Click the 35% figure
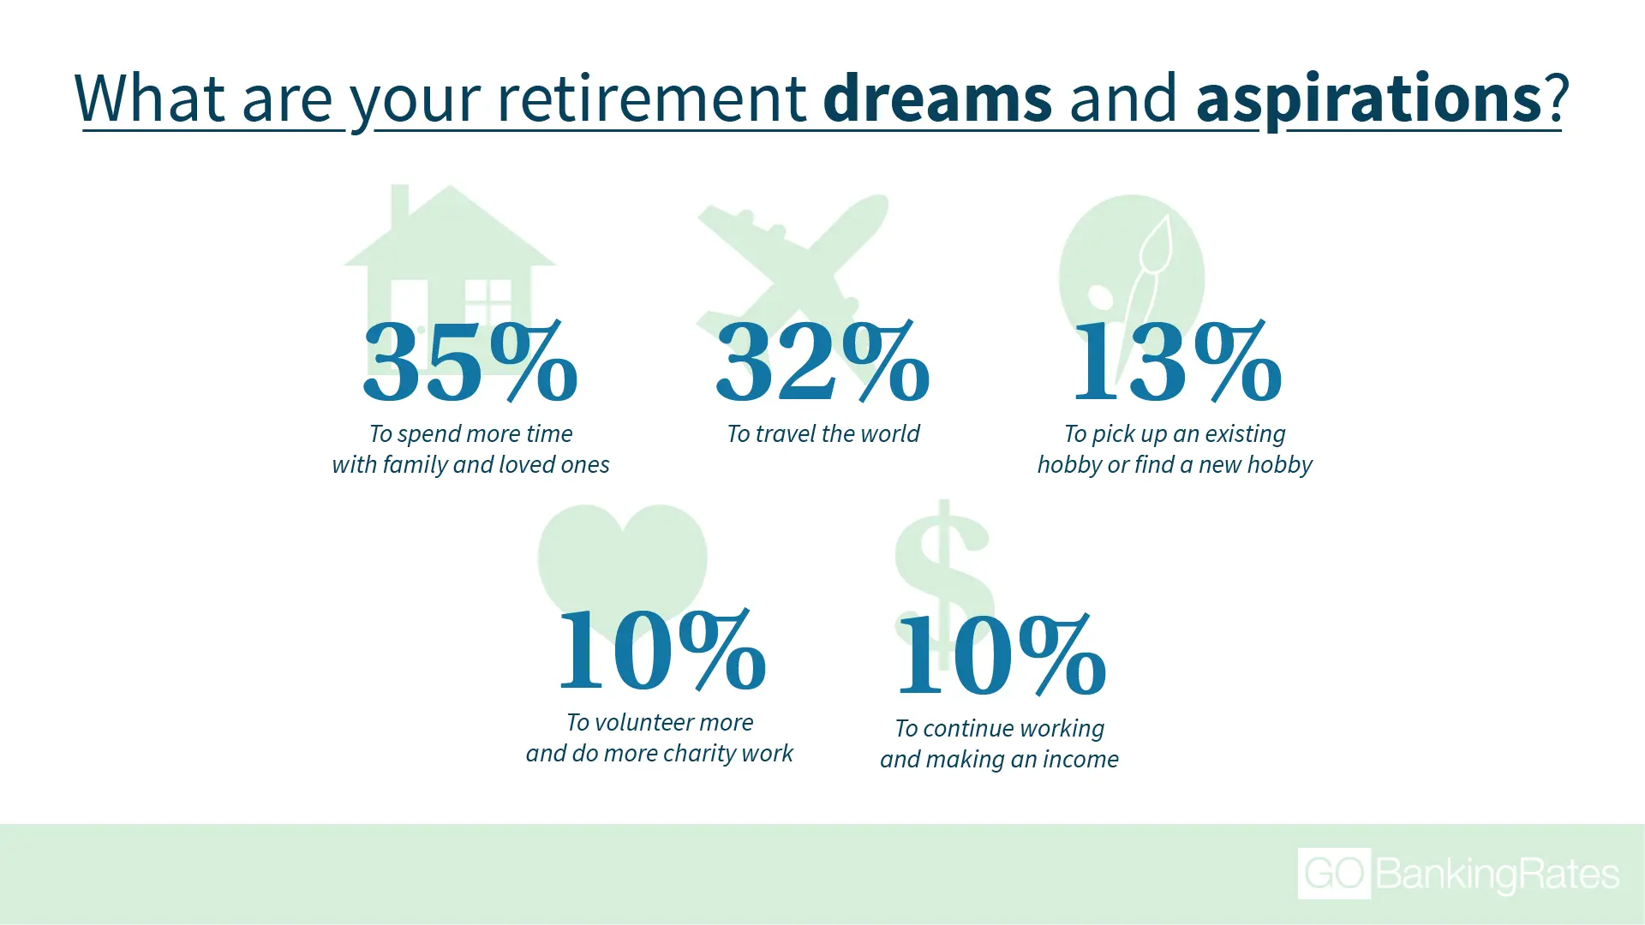[470, 361]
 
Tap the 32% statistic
[822, 361]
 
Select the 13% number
[1177, 361]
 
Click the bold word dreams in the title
[937, 98]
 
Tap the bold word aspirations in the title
[1369, 99]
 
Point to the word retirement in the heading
[652, 98]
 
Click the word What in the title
[150, 98]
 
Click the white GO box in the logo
[1334, 874]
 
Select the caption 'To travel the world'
[822, 433]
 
